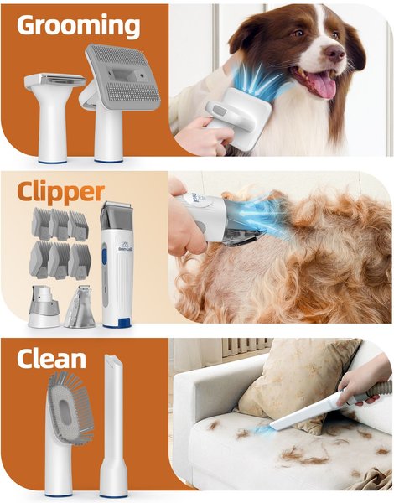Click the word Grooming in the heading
pyautogui.click(x=78, y=26)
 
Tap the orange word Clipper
pyautogui.click(x=61, y=193)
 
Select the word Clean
pyautogui.click(x=51, y=359)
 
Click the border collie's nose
pyautogui.click(x=335, y=52)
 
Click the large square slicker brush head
pyautogui.click(x=123, y=77)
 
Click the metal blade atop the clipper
pyautogui.click(x=116, y=205)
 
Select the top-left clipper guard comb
pyautogui.click(x=41, y=223)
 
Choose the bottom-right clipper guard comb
pyautogui.click(x=80, y=261)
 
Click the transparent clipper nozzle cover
pyautogui.click(x=80, y=307)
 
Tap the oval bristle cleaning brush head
pyautogui.click(x=70, y=406)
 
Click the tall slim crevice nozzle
pyautogui.click(x=113, y=426)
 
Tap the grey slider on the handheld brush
pyautogui.click(x=220, y=111)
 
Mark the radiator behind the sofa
pyautogui.click(x=246, y=347)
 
